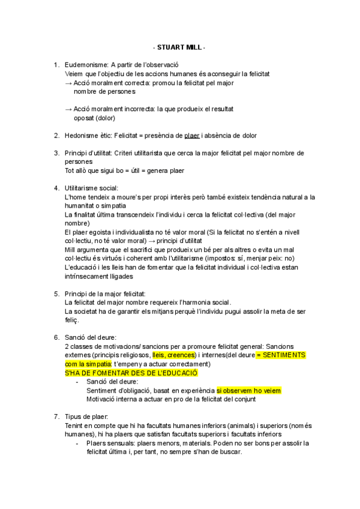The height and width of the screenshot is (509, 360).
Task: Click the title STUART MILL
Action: point(179,47)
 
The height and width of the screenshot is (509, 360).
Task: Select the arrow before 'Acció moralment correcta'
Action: point(68,83)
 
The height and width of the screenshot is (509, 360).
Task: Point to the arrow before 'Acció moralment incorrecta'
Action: point(68,109)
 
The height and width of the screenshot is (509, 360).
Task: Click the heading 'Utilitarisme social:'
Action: point(92,188)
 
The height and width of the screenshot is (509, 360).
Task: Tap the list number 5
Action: point(56,294)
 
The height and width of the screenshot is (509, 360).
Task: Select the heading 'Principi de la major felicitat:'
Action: point(105,294)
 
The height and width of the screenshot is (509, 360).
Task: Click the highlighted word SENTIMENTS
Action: point(284,355)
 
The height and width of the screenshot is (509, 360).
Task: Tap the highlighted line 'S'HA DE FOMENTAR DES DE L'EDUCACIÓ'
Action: point(131,372)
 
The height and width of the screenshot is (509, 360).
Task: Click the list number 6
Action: point(56,337)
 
